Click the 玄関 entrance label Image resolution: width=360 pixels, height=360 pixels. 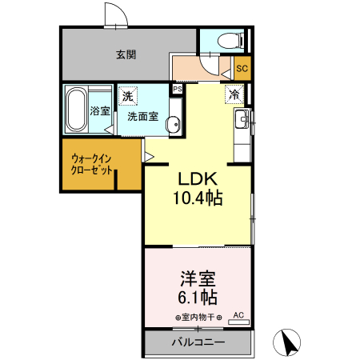[125, 55]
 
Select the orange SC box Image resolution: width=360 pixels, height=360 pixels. [241, 69]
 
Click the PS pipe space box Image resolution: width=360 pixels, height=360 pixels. [178, 89]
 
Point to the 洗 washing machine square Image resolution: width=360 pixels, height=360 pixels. [128, 96]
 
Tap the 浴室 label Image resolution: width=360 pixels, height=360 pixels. [100, 110]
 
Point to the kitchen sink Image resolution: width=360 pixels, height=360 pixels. [242, 122]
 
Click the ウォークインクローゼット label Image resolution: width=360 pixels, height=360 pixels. [91, 164]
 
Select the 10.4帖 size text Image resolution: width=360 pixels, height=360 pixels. [198, 197]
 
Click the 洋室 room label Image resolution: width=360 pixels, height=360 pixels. [197, 280]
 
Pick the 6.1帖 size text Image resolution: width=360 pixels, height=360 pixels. [197, 298]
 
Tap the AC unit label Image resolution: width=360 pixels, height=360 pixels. [238, 316]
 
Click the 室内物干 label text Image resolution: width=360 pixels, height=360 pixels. [198, 317]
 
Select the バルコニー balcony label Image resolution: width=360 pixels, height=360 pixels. [197, 342]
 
